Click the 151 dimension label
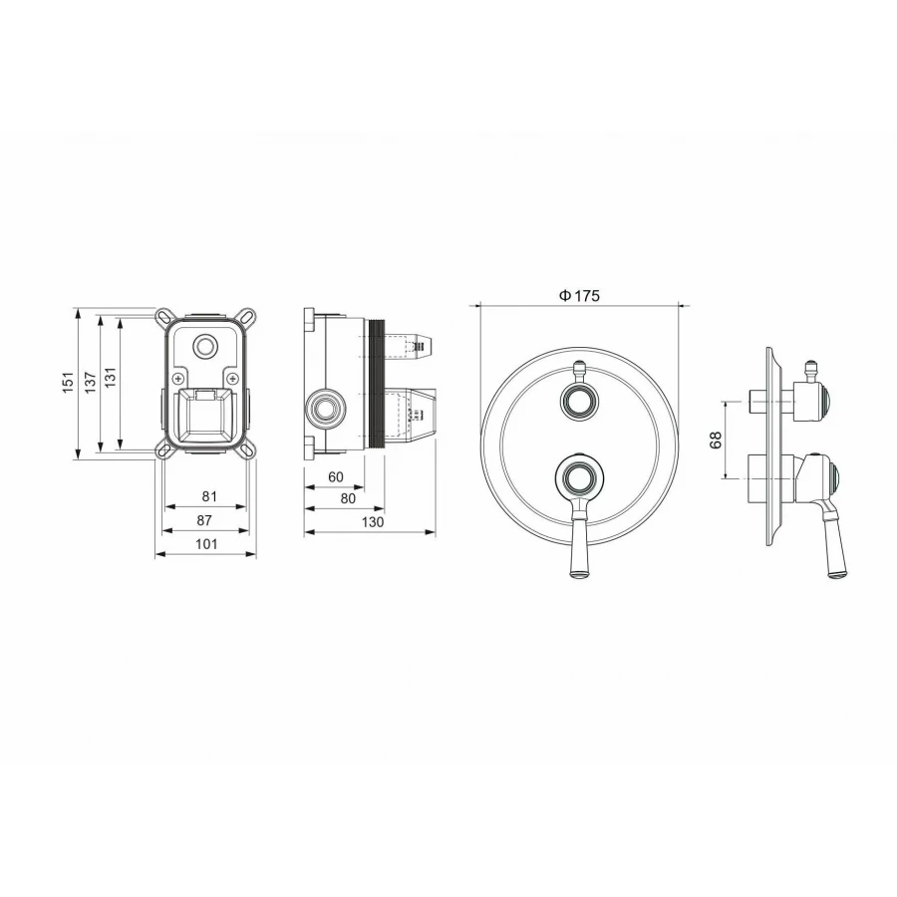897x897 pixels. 69,383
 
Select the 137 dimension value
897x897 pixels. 91,383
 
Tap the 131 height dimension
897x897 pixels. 110,377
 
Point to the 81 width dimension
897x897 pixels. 209,496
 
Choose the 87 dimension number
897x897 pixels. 204,520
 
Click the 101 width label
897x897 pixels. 206,543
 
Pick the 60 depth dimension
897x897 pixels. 336,476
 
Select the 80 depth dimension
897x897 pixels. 348,498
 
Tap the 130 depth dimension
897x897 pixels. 373,521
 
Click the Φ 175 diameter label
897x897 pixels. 579,295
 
